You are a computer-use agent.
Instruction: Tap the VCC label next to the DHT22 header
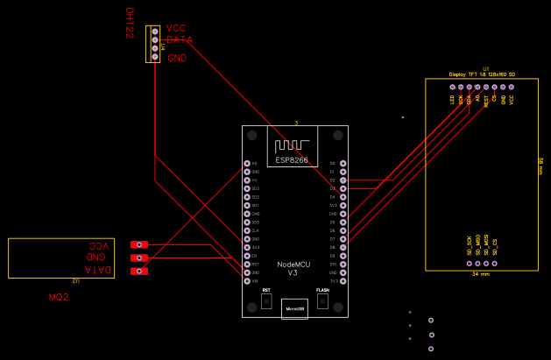(176, 29)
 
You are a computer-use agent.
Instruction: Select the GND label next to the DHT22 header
(176, 58)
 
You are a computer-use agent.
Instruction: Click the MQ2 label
(58, 299)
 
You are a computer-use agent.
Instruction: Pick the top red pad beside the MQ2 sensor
(139, 245)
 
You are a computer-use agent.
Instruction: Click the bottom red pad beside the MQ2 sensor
(139, 272)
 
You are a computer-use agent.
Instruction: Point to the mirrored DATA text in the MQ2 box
(99, 270)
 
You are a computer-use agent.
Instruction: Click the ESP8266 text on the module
(292, 160)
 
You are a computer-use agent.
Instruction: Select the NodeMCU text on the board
(293, 265)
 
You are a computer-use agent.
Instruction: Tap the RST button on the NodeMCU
(266, 301)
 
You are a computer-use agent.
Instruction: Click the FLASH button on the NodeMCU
(322, 301)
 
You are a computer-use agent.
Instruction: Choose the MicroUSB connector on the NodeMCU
(294, 309)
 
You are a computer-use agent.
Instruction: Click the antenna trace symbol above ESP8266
(292, 145)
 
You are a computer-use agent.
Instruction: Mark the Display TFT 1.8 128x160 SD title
(482, 74)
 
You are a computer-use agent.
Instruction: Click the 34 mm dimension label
(481, 274)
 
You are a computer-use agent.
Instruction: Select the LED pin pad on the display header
(452, 88)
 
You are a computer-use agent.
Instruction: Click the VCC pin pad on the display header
(512, 88)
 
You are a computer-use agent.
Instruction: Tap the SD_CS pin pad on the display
(495, 263)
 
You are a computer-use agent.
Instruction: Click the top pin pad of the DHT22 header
(155, 31)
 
